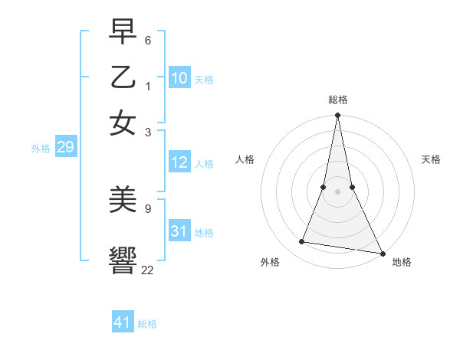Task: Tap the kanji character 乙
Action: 123,78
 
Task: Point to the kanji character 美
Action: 123,200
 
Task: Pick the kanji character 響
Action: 123,259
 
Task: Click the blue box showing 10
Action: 179,78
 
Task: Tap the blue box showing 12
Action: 179,162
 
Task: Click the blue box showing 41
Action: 123,322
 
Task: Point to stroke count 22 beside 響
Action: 148,270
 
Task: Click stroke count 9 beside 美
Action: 147,208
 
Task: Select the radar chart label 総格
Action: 337,100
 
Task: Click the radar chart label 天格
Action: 431,159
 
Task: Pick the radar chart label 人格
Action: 245,159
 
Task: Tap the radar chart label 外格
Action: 270,263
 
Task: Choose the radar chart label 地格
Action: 402,263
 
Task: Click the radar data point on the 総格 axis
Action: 337,116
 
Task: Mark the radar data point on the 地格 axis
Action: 382,254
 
